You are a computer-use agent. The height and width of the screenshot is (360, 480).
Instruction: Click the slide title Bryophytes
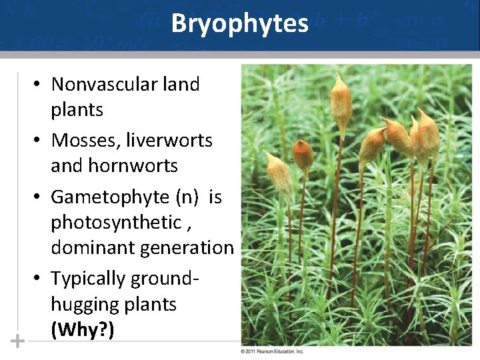(x=239, y=24)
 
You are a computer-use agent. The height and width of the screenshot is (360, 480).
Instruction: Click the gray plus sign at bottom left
(x=17, y=341)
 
